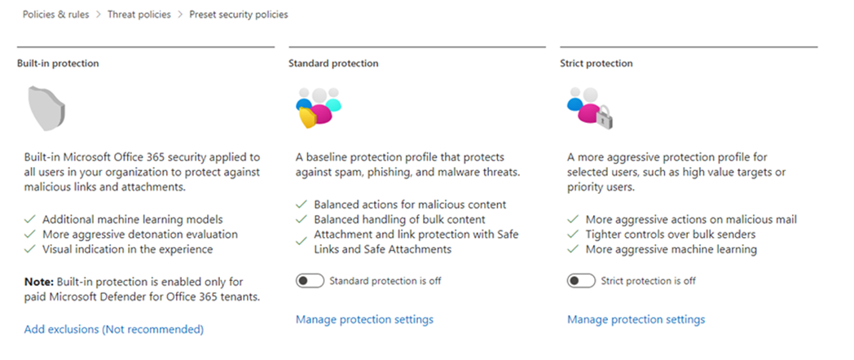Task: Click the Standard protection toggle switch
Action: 310,281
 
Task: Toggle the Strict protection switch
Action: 581,281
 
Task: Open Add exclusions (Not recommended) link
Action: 114,330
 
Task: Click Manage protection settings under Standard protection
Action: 364,319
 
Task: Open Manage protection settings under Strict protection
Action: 636,319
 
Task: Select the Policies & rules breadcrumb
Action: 55,15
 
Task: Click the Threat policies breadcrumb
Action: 139,15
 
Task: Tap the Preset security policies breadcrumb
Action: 239,15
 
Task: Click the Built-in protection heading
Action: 58,64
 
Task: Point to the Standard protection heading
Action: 333,64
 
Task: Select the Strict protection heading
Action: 596,64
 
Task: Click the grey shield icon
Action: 46,108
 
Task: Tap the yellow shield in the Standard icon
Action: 308,117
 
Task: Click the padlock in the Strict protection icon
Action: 604,117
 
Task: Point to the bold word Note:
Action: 39,282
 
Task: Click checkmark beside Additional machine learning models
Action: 30,220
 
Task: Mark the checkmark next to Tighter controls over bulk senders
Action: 573,235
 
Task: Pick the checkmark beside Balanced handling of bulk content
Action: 302,220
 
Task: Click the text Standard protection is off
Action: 385,281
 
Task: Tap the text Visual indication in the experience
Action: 127,249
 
